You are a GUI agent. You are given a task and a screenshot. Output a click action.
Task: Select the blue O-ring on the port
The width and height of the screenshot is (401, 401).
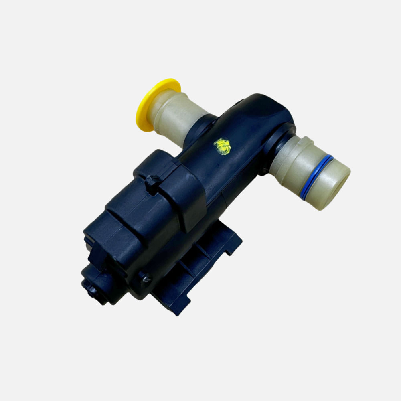[x=317, y=177]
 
